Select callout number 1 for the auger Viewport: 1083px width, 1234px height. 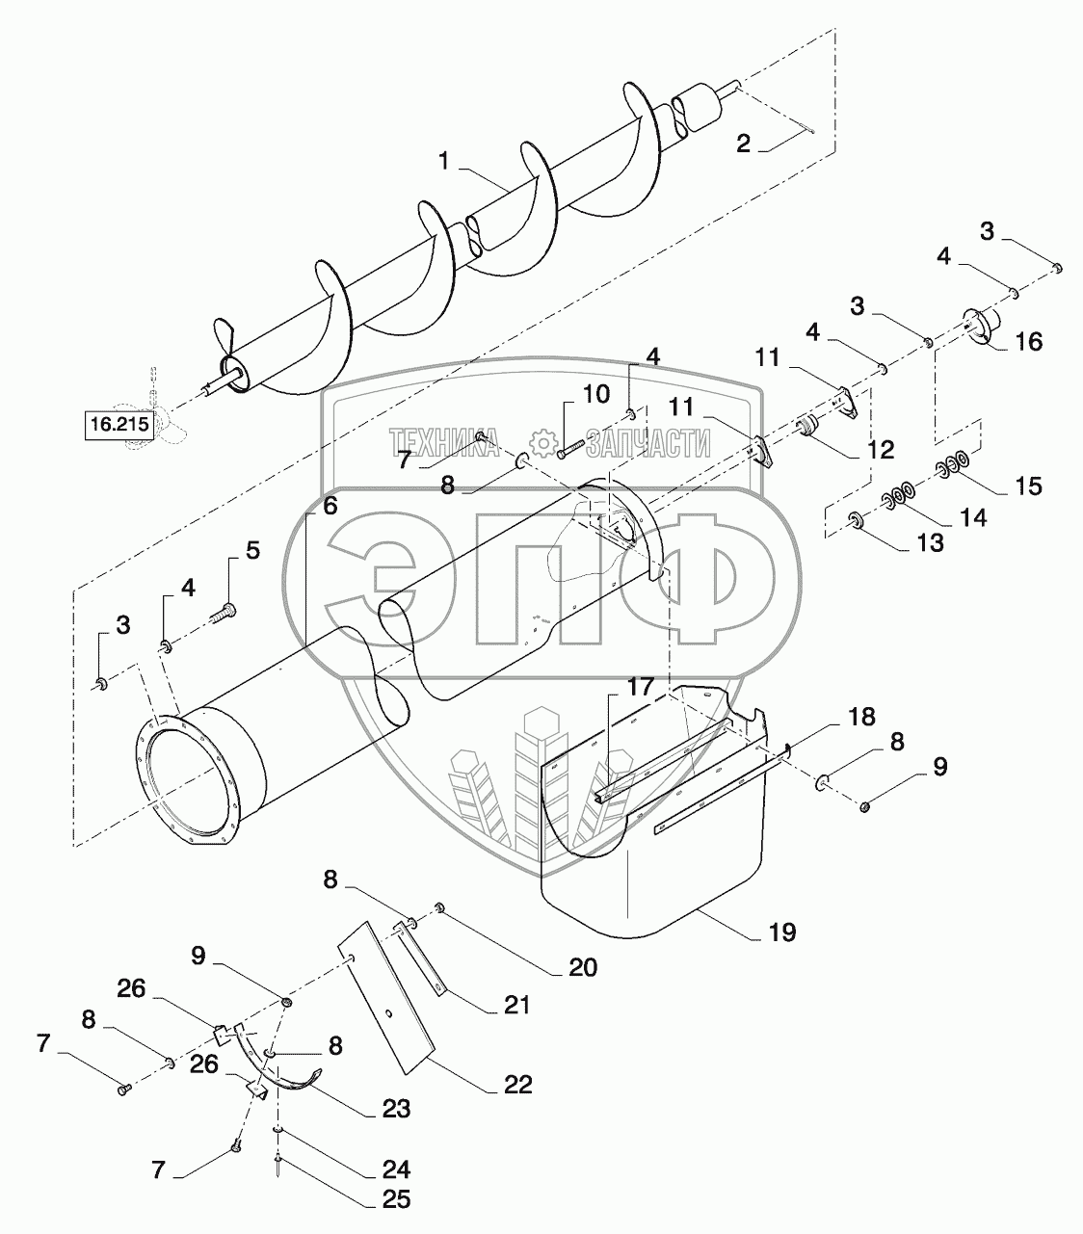click(444, 162)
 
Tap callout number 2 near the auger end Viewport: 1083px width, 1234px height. click(743, 144)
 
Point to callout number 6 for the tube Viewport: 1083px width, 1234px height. click(330, 507)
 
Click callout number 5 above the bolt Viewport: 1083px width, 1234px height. click(251, 551)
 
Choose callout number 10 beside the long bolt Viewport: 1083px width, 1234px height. click(596, 393)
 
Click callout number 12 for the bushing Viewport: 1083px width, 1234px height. click(881, 449)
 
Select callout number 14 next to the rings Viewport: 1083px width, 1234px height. click(973, 517)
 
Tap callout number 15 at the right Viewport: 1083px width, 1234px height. click(1028, 486)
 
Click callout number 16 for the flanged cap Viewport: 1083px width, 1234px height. click(1028, 341)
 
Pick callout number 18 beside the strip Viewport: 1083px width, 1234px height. click(861, 717)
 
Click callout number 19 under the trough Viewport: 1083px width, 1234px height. click(781, 932)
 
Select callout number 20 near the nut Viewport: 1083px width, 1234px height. click(583, 966)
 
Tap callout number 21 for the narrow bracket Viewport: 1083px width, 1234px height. click(516, 1006)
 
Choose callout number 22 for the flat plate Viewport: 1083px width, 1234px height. click(517, 1085)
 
